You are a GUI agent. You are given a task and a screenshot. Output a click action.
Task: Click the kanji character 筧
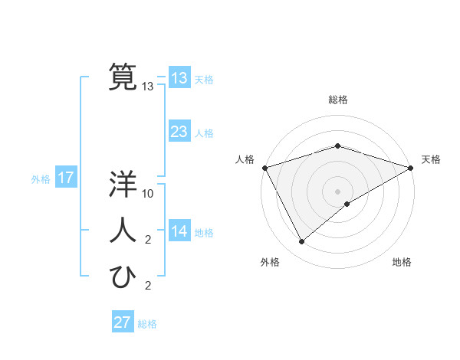click(x=123, y=77)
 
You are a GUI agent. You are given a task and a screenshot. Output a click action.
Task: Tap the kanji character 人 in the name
click(x=123, y=231)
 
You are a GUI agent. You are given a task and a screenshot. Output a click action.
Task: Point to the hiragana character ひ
click(x=123, y=277)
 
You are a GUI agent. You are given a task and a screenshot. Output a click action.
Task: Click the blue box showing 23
click(x=179, y=132)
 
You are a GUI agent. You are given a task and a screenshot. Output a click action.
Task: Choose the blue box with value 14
click(x=179, y=232)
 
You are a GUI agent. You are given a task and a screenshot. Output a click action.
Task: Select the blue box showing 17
click(x=66, y=178)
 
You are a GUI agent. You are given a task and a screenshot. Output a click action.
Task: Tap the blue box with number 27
click(x=123, y=322)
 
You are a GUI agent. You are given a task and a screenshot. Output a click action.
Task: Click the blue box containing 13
click(x=179, y=78)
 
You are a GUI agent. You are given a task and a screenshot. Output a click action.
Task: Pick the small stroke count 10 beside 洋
click(x=149, y=195)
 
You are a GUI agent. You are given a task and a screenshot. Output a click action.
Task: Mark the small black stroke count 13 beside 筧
click(x=148, y=87)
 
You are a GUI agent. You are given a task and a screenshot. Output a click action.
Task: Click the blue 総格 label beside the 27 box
click(x=147, y=324)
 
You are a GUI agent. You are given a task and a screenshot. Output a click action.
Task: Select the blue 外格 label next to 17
click(x=41, y=179)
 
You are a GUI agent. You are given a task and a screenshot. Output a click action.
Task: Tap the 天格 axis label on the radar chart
click(x=431, y=160)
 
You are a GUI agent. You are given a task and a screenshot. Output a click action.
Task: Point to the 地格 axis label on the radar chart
click(x=402, y=262)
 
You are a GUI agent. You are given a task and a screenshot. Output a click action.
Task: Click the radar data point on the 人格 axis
click(x=264, y=167)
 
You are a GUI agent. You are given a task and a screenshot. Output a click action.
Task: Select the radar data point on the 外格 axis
click(x=301, y=242)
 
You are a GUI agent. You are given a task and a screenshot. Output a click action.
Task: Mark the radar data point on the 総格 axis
click(x=337, y=146)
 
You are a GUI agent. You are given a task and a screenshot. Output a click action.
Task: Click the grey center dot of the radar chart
click(x=337, y=191)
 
